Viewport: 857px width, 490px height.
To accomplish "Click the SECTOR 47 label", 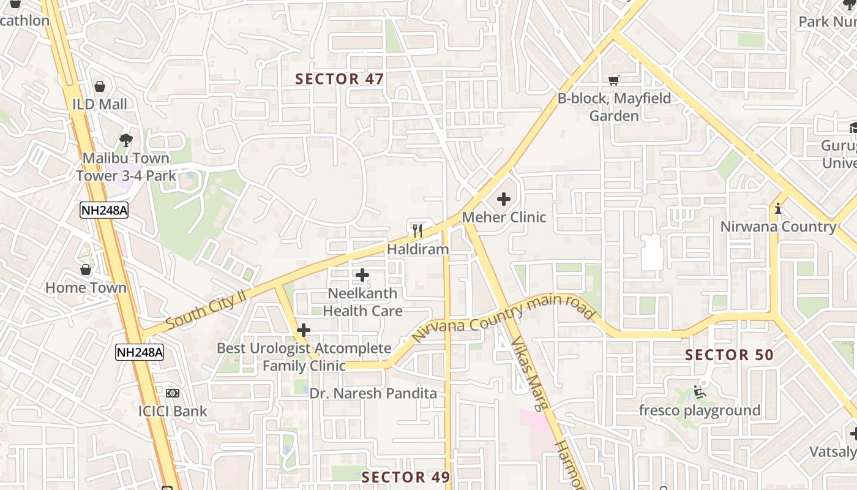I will point(339,79).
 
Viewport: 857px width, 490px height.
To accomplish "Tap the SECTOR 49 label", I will point(405,477).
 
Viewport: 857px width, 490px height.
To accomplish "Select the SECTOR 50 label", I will point(729,355).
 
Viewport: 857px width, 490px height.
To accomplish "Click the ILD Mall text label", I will point(100,104).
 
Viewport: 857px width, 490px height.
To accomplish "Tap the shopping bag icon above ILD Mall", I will point(100,86).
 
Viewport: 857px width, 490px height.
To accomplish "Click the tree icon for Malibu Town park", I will point(126,140).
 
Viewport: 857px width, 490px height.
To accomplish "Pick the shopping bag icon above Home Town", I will point(86,269).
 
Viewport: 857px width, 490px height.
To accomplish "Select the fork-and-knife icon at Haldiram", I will point(417,231).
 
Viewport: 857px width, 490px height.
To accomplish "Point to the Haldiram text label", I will point(417,249).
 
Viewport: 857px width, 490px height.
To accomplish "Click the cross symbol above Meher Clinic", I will point(504,199).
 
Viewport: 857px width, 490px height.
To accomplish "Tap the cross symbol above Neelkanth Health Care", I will point(362,275).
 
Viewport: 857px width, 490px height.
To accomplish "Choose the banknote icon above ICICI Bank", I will point(173,393).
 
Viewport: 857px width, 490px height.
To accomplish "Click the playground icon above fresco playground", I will point(700,392).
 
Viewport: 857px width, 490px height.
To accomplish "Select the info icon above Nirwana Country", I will point(778,208).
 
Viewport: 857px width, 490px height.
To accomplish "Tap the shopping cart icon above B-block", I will point(614,80).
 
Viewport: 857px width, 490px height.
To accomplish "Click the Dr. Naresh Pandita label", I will point(373,393).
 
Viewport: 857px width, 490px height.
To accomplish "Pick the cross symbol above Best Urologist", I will point(304,331).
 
